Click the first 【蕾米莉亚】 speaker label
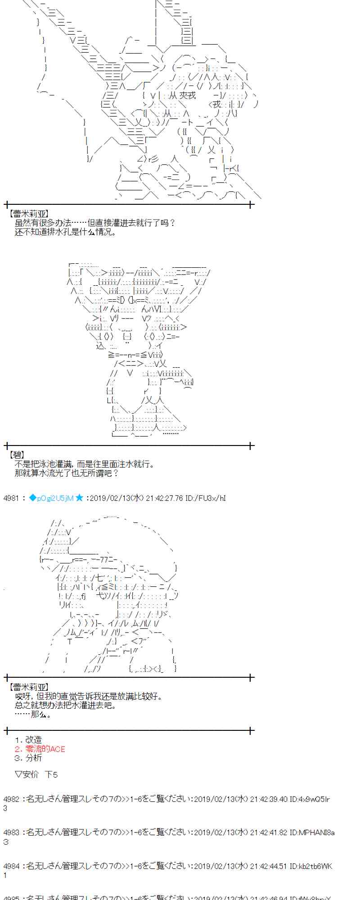tap(28, 214)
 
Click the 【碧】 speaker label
tap(17, 455)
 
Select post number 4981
tap(11, 498)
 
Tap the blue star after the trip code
tap(79, 498)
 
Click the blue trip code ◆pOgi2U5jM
tap(51, 498)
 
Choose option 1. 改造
tap(28, 740)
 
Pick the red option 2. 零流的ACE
tap(40, 749)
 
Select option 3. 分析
tap(28, 758)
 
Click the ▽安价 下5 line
tap(36, 774)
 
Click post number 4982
tap(11, 799)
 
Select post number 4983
tap(11, 832)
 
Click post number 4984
tap(11, 866)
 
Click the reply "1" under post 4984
tap(5, 875)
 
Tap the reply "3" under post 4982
tap(5, 808)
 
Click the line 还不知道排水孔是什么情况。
tap(65, 232)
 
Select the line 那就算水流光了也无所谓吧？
tap(67, 473)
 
